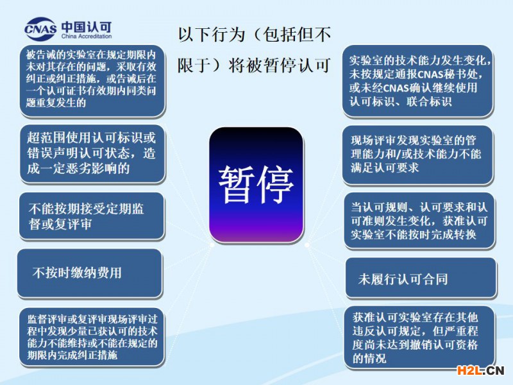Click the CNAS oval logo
(40, 29)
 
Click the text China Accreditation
(87, 37)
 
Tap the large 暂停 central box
(256, 185)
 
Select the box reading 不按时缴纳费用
(90, 273)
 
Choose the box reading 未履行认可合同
(421, 278)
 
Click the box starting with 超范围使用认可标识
(92, 153)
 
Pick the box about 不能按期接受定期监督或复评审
(92, 216)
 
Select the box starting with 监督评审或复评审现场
(92, 337)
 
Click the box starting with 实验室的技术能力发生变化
(418, 81)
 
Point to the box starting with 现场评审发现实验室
(417, 155)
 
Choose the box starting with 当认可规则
(419, 221)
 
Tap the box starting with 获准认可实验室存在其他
(419, 338)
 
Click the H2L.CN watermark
(480, 370)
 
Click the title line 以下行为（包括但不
(255, 35)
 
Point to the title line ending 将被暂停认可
(254, 65)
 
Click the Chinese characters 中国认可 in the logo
(87, 26)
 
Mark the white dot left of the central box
(212, 244)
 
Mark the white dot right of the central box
(307, 244)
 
